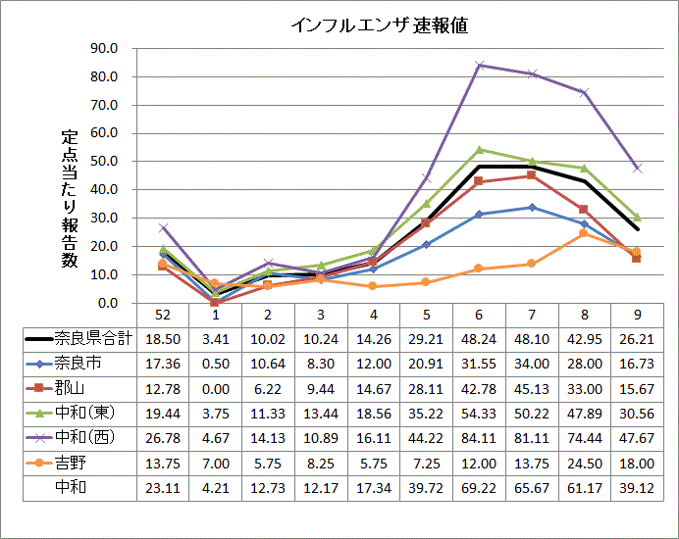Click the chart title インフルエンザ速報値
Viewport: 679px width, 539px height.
(x=379, y=25)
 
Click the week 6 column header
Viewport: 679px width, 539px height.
(x=479, y=314)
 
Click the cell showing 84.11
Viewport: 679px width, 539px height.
(x=479, y=436)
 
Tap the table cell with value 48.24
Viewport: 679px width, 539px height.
(x=479, y=338)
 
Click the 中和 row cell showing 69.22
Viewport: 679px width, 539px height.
(x=479, y=485)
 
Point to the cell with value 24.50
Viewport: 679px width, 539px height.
(x=585, y=461)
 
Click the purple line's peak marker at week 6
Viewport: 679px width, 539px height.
(x=479, y=66)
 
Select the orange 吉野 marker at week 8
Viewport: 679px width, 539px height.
(x=585, y=233)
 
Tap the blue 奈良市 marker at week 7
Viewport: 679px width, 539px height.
(x=532, y=207)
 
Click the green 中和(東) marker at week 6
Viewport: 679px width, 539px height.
(x=479, y=150)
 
